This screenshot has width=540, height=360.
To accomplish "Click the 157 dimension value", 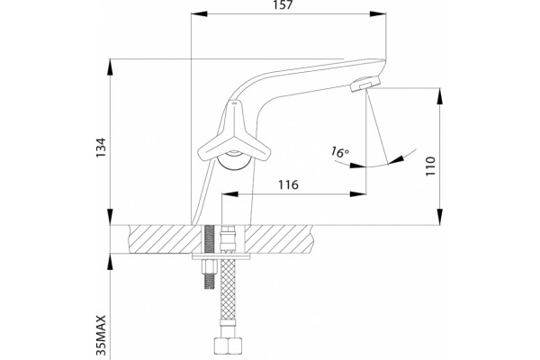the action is (283, 5).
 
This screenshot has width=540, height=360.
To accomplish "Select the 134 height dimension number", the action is (101, 148).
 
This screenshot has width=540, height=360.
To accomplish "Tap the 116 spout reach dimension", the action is (288, 185).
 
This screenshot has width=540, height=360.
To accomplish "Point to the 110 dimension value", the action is (430, 166).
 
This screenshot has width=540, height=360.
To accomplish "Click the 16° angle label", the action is (339, 151).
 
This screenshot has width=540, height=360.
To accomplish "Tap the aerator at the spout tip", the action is (365, 84).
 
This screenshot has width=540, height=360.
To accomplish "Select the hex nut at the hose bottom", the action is (227, 346).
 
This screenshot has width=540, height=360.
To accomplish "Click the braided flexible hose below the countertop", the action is (228, 298).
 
